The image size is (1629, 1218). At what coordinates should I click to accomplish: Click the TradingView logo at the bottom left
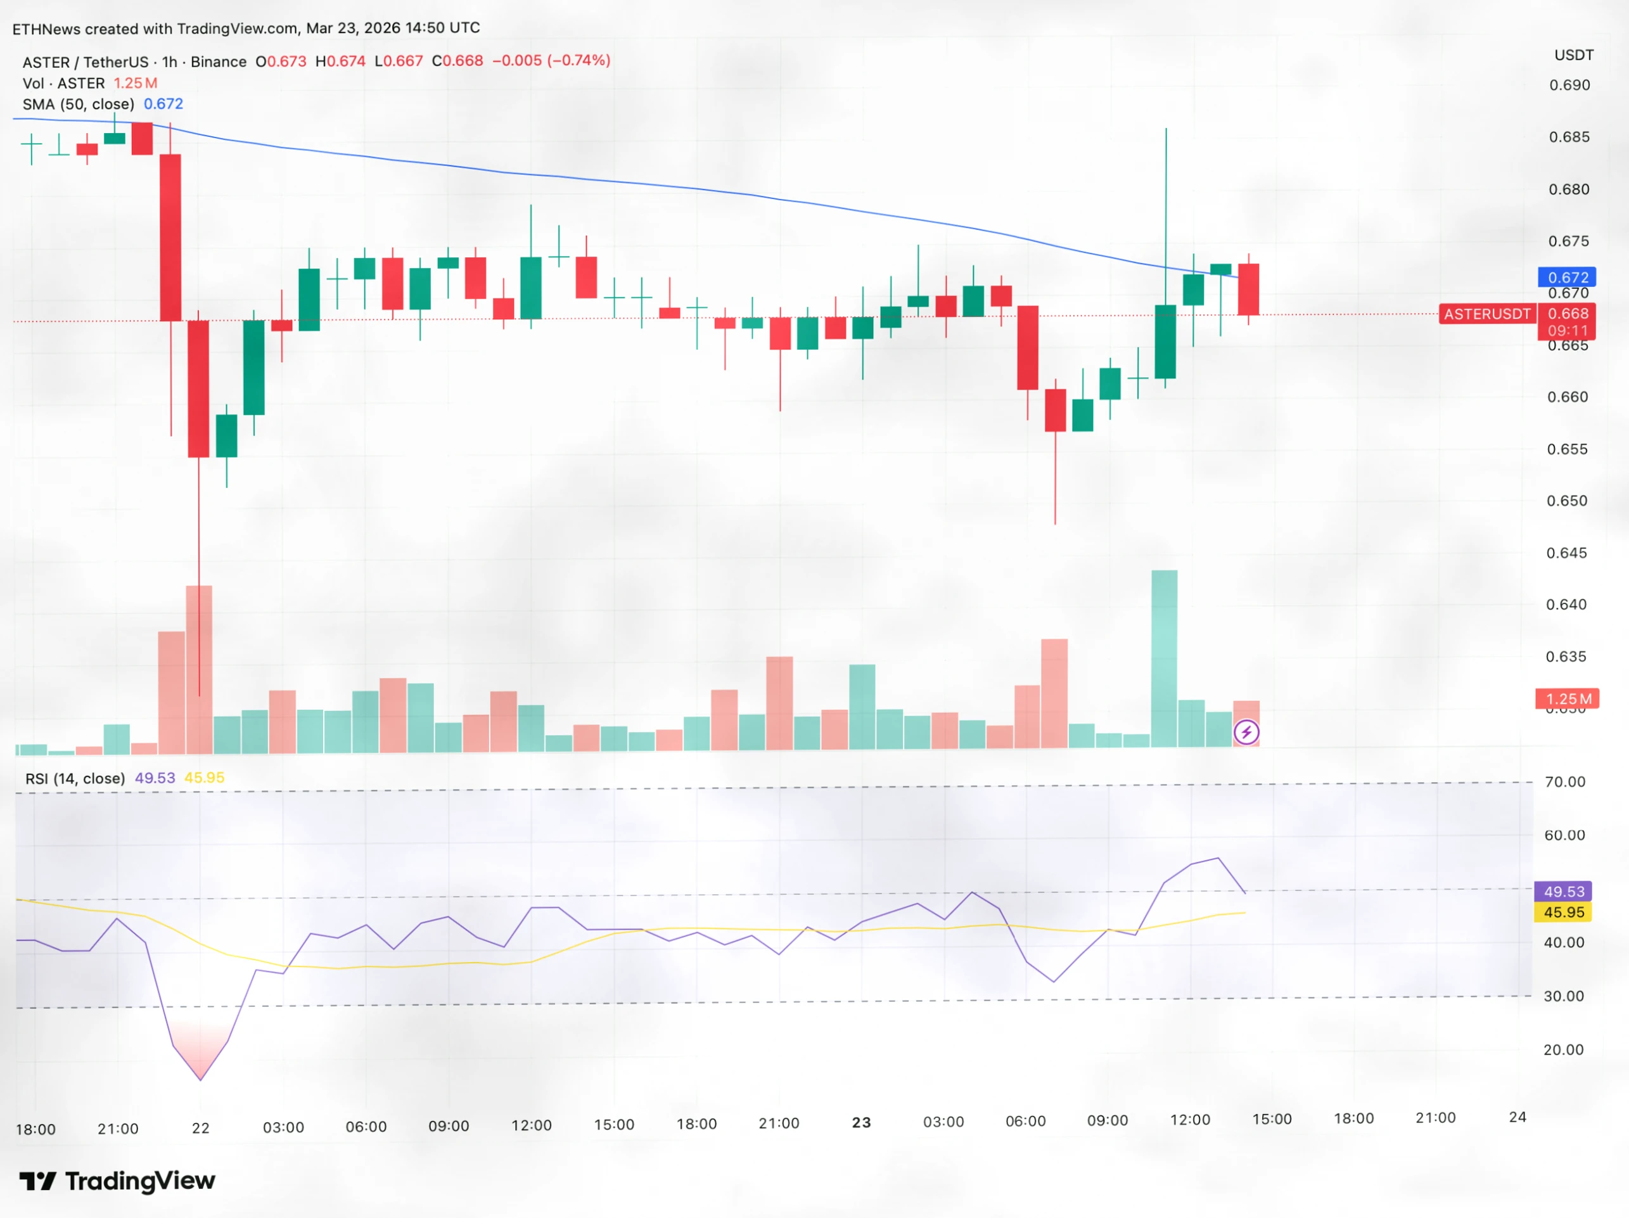tap(117, 1181)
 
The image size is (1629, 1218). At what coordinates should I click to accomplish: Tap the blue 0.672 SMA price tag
tap(1566, 277)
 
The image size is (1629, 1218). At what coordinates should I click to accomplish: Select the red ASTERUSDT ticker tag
tap(1486, 314)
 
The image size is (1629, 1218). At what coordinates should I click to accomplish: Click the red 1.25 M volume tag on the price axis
tap(1567, 698)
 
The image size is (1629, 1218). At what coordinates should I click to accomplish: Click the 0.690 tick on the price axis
tap(1569, 86)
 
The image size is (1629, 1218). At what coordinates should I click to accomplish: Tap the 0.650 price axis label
tap(1566, 501)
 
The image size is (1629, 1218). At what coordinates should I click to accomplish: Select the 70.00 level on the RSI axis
tap(1564, 781)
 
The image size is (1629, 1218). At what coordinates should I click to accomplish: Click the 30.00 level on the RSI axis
tap(1564, 996)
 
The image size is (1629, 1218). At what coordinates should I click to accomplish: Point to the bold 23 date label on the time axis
tap(861, 1122)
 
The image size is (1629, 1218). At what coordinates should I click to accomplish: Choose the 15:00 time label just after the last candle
tap(1272, 1119)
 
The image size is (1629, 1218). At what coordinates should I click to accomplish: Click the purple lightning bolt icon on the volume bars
tap(1246, 732)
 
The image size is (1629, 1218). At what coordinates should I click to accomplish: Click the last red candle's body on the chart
tap(1248, 289)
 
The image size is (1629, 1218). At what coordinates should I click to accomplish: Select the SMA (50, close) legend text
tap(79, 104)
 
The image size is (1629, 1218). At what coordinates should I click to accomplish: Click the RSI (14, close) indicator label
tap(75, 778)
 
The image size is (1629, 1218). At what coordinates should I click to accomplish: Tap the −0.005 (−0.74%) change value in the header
tap(551, 60)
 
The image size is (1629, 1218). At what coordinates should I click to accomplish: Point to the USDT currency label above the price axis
tap(1574, 55)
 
